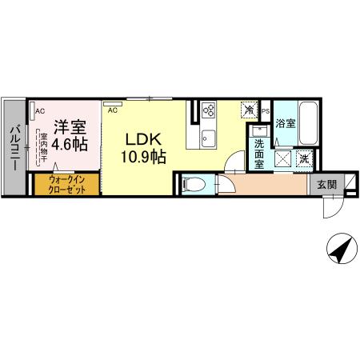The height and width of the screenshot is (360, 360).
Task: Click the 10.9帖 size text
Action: coord(144,157)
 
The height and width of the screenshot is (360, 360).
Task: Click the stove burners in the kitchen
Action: coord(210,110)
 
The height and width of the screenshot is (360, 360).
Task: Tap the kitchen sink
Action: coord(208,135)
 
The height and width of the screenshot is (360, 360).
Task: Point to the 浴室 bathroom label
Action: coord(286,123)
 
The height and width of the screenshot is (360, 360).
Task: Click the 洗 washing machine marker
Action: coord(304,158)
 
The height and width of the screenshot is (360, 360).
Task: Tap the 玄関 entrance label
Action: coord(326,185)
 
